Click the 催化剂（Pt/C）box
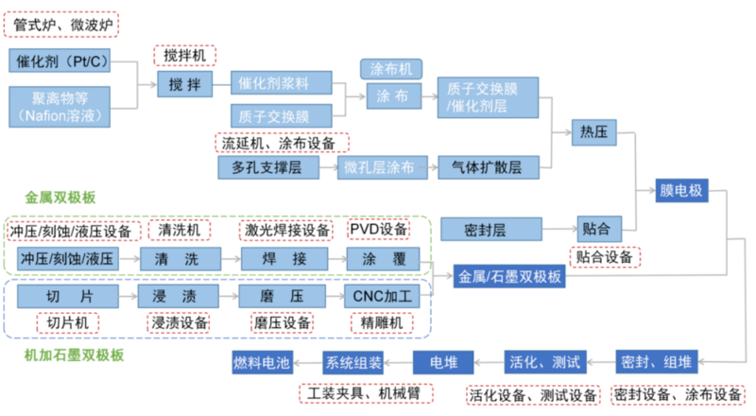60,61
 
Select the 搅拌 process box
184,84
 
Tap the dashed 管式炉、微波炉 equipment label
61,25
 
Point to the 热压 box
594,131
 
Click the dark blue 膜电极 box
681,190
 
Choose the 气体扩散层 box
489,167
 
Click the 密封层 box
491,229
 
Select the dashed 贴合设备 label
605,257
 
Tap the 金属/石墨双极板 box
509,276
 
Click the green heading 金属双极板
60,197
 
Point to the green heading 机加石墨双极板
75,355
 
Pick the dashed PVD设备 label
379,229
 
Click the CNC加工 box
382,296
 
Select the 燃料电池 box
262,362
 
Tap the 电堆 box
443,362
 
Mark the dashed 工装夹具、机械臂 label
366,393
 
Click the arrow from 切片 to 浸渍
129,296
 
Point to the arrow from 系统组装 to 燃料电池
308,362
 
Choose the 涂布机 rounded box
391,69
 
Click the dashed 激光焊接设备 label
286,230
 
